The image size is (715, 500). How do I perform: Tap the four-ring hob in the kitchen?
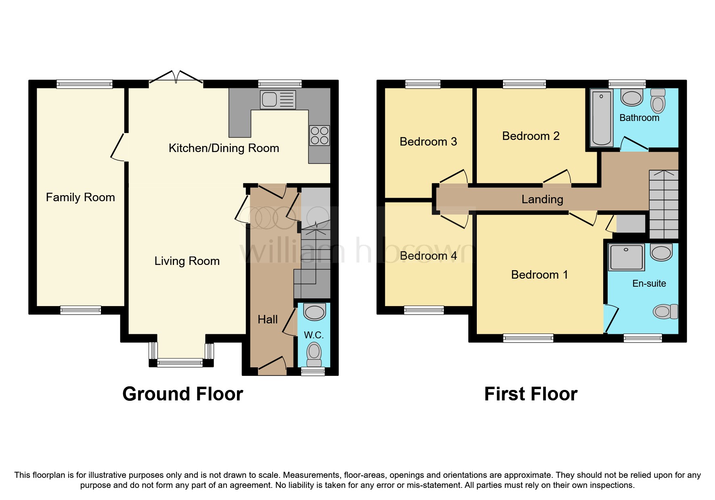(319, 135)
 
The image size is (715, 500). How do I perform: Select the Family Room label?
(80, 197)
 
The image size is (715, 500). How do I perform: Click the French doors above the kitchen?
(176, 78)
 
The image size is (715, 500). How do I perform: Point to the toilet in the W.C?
(314, 353)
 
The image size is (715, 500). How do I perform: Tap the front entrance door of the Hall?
(272, 363)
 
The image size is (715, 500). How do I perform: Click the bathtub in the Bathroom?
(602, 117)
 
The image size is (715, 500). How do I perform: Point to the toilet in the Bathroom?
(658, 101)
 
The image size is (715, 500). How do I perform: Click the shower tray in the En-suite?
(626, 257)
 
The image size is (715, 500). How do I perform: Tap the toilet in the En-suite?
(665, 311)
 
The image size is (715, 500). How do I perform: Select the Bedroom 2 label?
(530, 136)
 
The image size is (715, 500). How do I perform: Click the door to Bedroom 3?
(454, 177)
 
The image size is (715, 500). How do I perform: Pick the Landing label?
(542, 199)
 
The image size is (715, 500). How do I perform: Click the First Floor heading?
(530, 394)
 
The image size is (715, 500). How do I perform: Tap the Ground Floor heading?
(182, 394)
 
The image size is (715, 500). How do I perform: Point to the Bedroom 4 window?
(424, 310)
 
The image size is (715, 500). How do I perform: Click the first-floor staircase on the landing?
(663, 204)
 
